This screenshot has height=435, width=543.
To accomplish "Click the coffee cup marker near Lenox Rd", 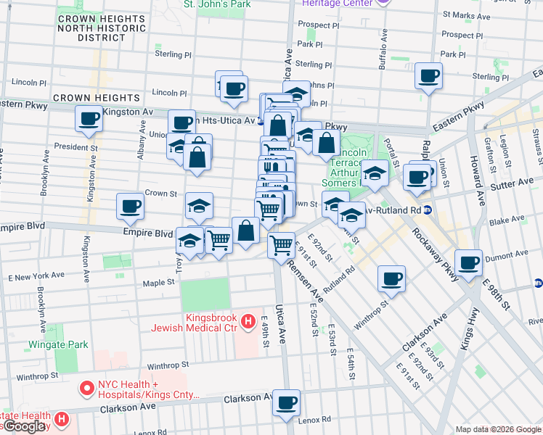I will pos(287,402).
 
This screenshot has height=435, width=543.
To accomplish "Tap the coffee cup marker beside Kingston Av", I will pos(89,119).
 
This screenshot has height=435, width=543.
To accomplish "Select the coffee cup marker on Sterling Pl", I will pos(428,75).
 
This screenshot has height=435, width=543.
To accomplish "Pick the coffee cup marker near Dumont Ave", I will pos(469,262).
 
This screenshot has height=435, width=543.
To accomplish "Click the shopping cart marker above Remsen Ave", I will pos(280,244).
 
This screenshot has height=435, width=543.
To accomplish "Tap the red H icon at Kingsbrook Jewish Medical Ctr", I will pos(248,320).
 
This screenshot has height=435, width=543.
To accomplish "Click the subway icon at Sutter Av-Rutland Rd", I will pos(428,210).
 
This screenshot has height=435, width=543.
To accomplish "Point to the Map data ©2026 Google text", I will pos(498,429).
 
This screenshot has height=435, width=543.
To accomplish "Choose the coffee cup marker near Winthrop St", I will pos(391,279).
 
